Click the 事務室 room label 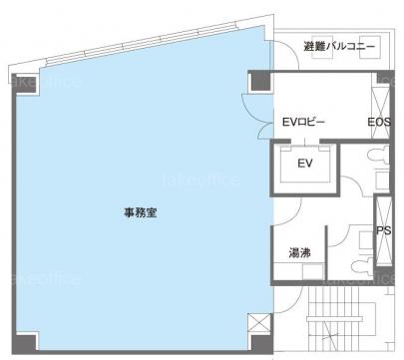(x=141, y=212)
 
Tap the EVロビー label (x=303, y=123)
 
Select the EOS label (x=379, y=122)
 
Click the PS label (x=384, y=230)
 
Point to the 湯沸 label (x=299, y=253)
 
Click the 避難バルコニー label (x=339, y=46)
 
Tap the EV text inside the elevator (x=305, y=164)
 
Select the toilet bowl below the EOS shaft (x=378, y=155)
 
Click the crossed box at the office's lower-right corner (x=259, y=323)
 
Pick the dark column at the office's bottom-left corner (x=24, y=343)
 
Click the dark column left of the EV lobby (x=261, y=81)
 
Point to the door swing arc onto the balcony (x=287, y=53)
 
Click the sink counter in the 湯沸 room (x=298, y=271)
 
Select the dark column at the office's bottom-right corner (x=261, y=344)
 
